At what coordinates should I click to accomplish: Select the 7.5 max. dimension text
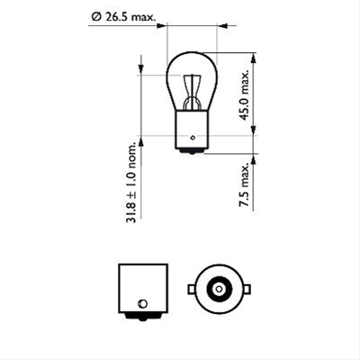point(243,186)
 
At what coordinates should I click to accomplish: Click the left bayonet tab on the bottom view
point(190,290)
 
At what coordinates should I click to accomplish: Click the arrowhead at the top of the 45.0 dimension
point(253,55)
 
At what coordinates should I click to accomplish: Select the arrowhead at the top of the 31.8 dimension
point(141,59)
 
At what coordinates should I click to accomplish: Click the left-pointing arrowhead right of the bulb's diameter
point(220,25)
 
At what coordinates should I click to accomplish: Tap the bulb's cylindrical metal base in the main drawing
point(192,127)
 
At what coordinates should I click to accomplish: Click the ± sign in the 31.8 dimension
point(133,193)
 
